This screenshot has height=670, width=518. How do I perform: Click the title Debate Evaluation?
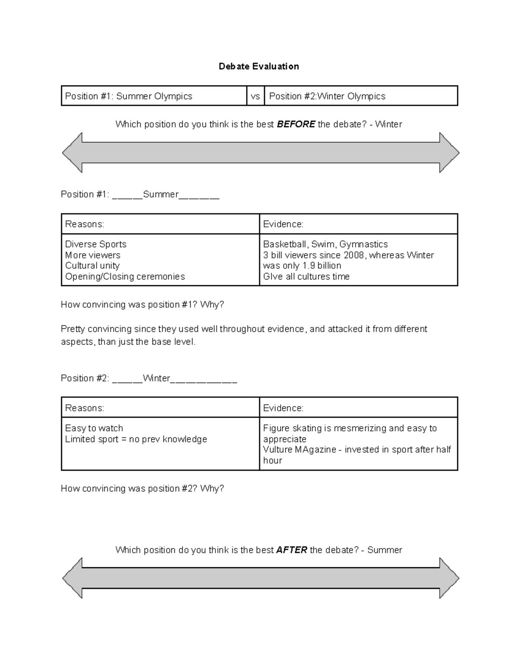point(259,66)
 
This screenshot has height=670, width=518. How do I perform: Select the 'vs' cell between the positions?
point(255,96)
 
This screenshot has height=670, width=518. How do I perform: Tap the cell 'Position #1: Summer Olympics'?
point(129,96)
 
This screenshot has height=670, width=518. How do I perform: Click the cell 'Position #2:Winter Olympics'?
point(327,96)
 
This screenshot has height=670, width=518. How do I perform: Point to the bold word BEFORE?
point(296,124)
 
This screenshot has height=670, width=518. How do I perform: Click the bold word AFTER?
point(291,550)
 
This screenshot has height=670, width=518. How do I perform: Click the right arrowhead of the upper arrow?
point(449,153)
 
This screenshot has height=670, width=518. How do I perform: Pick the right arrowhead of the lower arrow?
point(449,578)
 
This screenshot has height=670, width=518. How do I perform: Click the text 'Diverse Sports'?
point(96,244)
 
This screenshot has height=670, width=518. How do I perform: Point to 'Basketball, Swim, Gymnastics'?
point(325,244)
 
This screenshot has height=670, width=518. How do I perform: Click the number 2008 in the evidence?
point(354,255)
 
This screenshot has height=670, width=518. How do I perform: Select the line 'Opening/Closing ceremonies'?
point(125,277)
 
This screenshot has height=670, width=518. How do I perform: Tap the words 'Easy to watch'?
point(94,428)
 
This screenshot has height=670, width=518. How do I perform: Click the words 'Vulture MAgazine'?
point(300,450)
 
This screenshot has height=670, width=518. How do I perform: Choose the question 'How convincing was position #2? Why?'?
point(142,488)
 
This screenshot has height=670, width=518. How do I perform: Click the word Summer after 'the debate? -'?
point(385,550)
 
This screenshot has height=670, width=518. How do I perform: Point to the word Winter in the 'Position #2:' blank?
point(156,378)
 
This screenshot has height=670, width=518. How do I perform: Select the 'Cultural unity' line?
point(92,266)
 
